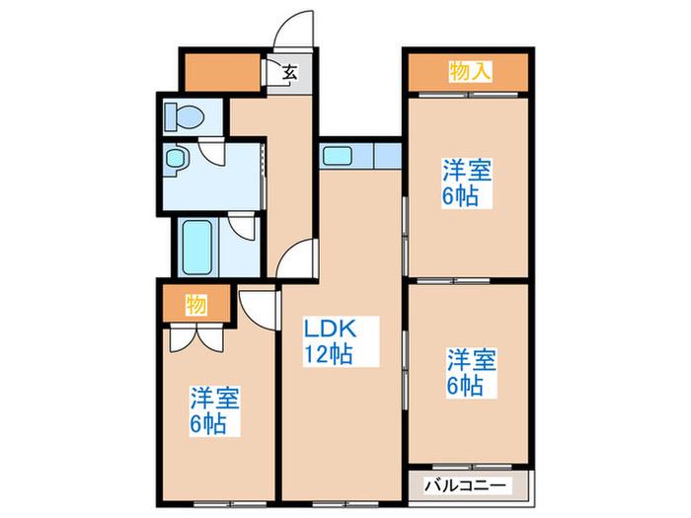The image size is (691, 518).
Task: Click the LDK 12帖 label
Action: pyautogui.click(x=329, y=341)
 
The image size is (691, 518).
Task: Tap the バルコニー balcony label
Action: pyautogui.click(x=466, y=486)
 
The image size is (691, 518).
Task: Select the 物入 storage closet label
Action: pyautogui.click(x=470, y=71)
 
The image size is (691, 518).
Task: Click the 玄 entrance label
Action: pyautogui.click(x=289, y=72)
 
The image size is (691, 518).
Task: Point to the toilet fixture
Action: pyautogui.click(x=184, y=116)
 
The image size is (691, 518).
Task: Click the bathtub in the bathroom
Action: pyautogui.click(x=197, y=247)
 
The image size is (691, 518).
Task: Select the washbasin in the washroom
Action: pyautogui.click(x=177, y=160)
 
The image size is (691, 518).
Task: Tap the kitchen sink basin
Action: pyautogui.click(x=338, y=156)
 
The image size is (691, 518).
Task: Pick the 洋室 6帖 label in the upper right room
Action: pyautogui.click(x=467, y=183)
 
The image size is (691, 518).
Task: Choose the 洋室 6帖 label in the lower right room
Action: pyautogui.click(x=472, y=373)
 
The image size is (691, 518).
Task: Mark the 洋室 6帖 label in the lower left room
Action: pyautogui.click(x=214, y=411)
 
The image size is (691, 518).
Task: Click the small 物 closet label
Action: pyautogui.click(x=196, y=305)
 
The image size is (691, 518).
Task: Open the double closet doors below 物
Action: pyautogui.click(x=196, y=338)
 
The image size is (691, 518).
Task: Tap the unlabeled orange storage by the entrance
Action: pyautogui.click(x=222, y=72)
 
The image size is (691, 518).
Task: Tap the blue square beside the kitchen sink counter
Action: pyautogui.click(x=388, y=156)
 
